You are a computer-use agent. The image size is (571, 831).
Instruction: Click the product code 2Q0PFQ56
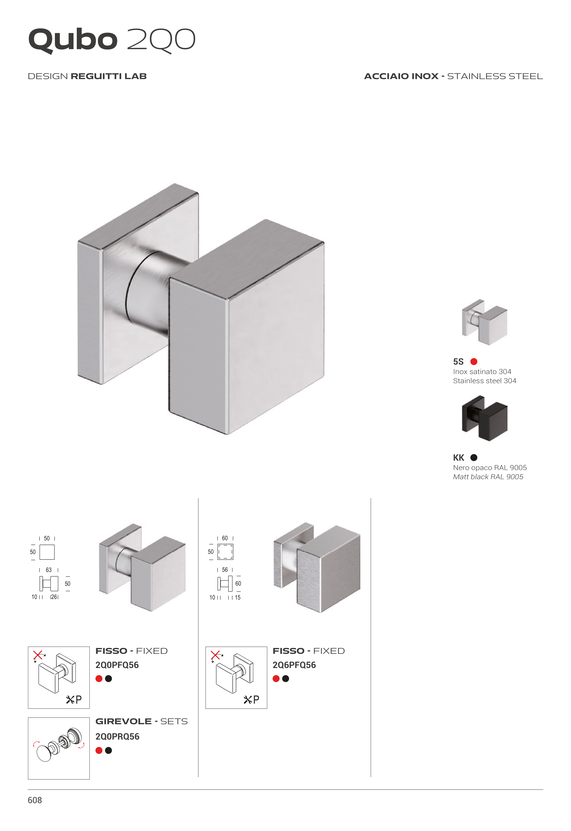click(117, 665)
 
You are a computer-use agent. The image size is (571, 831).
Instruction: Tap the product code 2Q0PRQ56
click(117, 737)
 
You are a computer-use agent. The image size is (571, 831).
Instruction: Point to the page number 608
click(35, 800)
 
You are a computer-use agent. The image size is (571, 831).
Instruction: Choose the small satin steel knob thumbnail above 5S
click(484, 322)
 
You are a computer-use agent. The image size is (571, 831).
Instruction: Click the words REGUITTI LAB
click(109, 76)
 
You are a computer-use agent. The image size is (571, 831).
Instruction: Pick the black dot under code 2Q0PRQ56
click(108, 751)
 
